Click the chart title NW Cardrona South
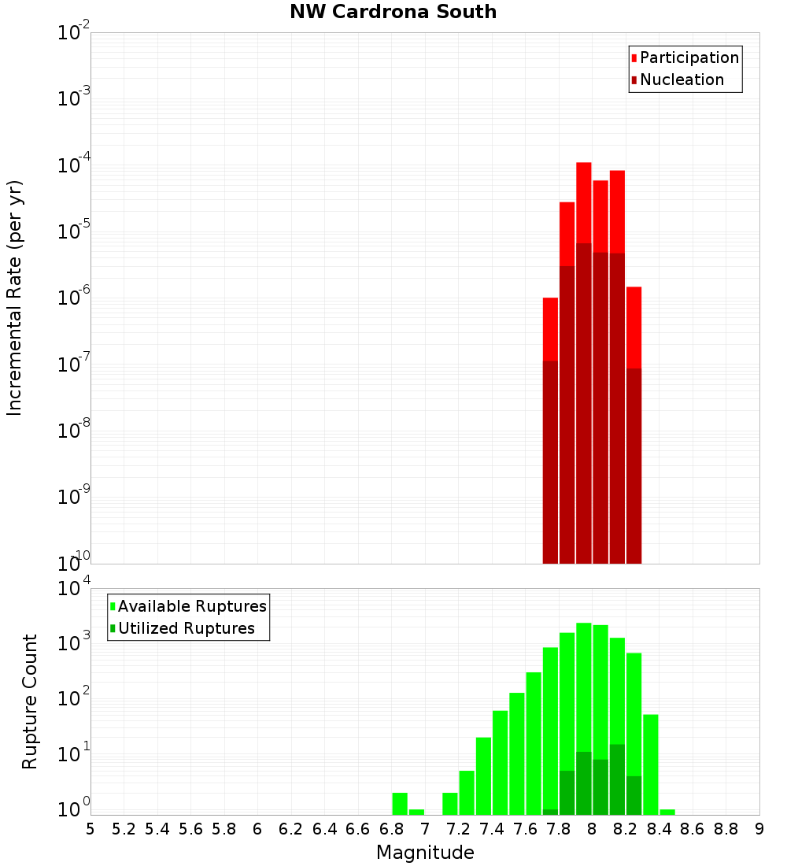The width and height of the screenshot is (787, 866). pos(393,12)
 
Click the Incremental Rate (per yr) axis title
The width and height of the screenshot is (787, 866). pos(15,298)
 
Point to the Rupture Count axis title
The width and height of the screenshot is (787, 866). pos(30,701)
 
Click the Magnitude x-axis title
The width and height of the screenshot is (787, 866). pos(425,853)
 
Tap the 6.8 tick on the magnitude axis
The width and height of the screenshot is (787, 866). pos(391,829)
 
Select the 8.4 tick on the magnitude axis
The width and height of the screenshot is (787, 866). pos(659,829)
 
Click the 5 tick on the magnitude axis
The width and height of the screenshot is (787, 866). pos(91,829)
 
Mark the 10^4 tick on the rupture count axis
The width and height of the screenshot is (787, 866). pos(76,589)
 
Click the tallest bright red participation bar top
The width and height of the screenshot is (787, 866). pos(583,165)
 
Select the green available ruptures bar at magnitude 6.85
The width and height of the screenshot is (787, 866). pos(400,803)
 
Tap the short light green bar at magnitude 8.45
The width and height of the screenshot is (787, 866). pos(667,812)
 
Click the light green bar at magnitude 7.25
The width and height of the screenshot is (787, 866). pos(467,792)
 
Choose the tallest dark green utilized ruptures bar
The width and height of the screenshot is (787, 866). pos(617,779)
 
